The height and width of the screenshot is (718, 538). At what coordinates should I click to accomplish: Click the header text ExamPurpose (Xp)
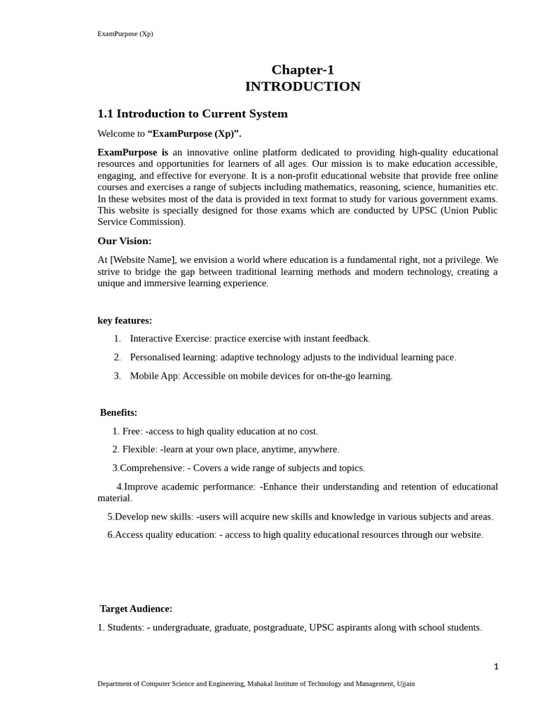click(x=125, y=34)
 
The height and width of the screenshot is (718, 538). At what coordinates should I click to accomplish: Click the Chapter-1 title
click(x=303, y=69)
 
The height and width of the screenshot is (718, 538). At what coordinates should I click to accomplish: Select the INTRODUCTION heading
click(x=303, y=86)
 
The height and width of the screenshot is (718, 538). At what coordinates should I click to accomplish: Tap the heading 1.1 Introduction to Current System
click(x=192, y=114)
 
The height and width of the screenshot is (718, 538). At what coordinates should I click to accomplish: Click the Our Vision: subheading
click(x=124, y=241)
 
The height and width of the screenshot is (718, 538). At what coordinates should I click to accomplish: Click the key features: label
click(x=124, y=320)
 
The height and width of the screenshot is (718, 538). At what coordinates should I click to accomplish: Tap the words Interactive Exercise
click(x=170, y=339)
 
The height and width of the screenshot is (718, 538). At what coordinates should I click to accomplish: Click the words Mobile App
click(x=154, y=376)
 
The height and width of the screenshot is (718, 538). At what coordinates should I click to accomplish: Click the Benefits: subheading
click(x=118, y=412)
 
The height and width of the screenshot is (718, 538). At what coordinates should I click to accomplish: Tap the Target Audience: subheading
click(x=136, y=609)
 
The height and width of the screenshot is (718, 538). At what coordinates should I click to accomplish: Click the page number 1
click(x=496, y=667)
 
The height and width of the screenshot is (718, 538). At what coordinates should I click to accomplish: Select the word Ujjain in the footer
click(x=404, y=684)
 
